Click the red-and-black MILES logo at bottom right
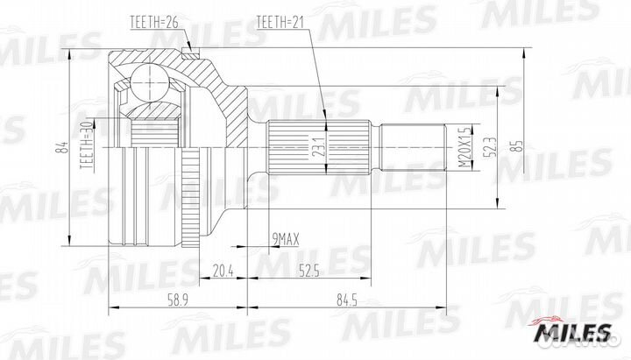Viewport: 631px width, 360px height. coord(575,331)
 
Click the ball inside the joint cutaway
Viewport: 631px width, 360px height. coord(150,87)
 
